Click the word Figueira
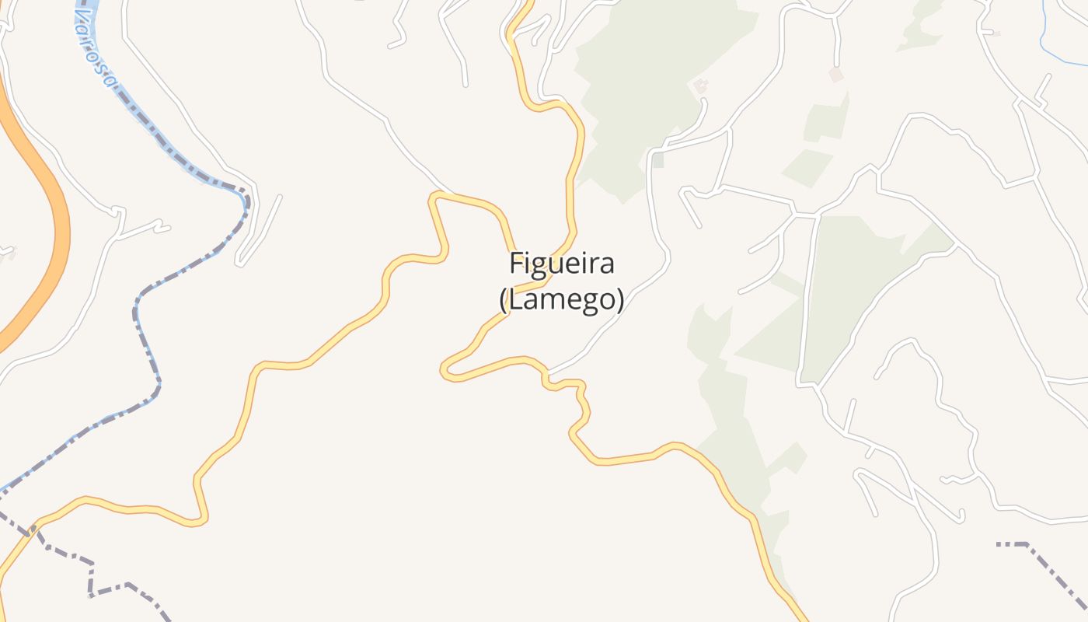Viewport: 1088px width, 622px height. coord(562,264)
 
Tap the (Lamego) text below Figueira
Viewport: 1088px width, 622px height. coord(561,299)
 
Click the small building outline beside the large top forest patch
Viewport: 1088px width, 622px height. coord(701,86)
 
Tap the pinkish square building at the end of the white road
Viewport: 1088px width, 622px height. coord(836,75)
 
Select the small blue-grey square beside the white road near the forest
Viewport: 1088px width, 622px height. coord(658,161)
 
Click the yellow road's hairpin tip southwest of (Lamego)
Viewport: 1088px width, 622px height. coord(445,370)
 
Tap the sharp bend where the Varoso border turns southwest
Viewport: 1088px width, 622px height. coord(246,194)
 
